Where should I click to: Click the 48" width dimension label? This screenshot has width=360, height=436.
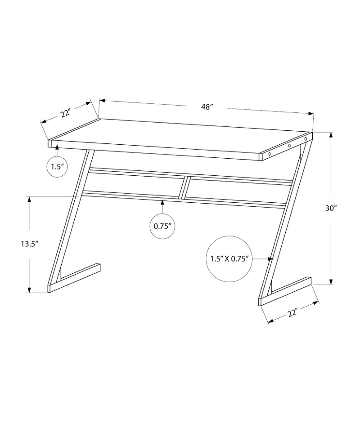(x=207, y=107)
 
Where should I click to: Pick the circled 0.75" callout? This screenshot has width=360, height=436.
(x=163, y=226)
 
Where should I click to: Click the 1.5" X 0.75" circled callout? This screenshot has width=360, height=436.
(x=229, y=259)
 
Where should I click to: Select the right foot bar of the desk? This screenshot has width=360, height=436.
(x=286, y=290)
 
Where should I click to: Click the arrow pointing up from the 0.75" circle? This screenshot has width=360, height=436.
(x=163, y=207)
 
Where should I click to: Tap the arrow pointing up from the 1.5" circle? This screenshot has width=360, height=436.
(x=57, y=149)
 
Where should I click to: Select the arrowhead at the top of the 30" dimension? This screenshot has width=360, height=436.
(x=332, y=134)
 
